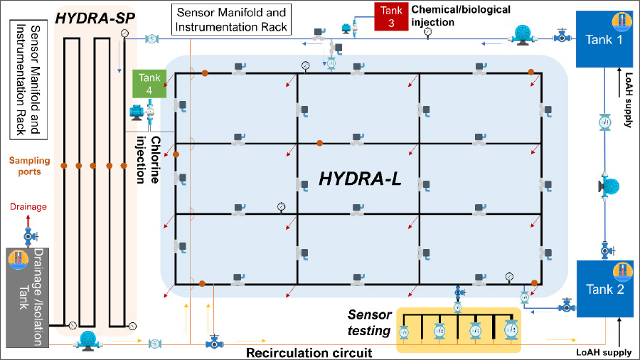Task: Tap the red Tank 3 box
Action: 388,16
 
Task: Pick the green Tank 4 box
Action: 149,83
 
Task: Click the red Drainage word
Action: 28,207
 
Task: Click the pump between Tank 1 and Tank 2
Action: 609,186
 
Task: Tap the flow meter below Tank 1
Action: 604,121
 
